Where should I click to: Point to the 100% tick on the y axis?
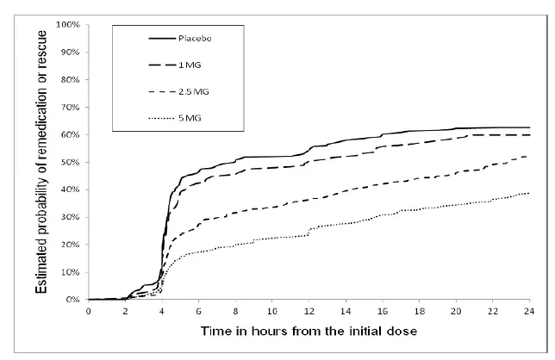69,24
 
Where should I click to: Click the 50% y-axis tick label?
72,162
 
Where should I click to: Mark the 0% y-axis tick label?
74,300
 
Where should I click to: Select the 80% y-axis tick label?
72,79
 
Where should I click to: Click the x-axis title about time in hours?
309,332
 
